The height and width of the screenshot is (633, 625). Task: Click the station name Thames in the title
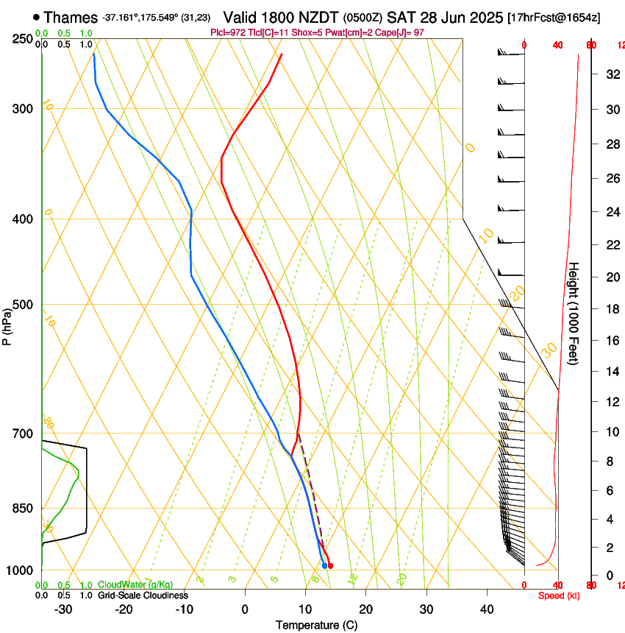[x=71, y=17]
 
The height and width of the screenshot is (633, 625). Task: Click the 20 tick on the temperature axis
[x=365, y=609]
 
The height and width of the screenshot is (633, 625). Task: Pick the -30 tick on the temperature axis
[x=63, y=609]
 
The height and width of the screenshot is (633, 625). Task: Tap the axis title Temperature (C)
[x=316, y=626]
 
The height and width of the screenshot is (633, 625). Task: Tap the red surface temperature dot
[x=330, y=565]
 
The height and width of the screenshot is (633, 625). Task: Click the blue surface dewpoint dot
[x=324, y=565]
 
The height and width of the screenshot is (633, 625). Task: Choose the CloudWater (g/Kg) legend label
[x=135, y=584]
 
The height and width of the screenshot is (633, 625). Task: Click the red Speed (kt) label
[x=558, y=595]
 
